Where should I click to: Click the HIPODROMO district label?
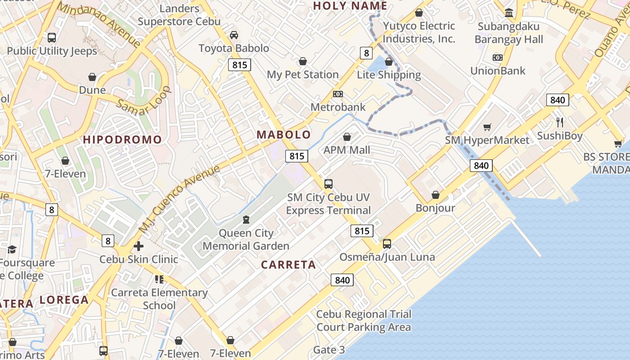pos(122,139)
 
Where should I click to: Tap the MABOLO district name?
pos(283,135)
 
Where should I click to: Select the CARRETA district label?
pos(288,265)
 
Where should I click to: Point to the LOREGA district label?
pos(64,300)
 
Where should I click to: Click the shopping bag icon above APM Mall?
pos(347,137)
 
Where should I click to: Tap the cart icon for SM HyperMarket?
pos(487,127)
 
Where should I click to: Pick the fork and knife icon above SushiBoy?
pos(560,122)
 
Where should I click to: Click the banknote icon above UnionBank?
pos(497,58)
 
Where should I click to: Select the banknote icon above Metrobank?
pos(338,94)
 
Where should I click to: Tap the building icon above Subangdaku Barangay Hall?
pos(509,13)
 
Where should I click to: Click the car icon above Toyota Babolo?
pos(234,35)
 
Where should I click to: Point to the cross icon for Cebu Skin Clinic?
pos(139,246)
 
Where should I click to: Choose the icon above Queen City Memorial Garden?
pos(246,220)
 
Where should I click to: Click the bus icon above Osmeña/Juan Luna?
pos(387,244)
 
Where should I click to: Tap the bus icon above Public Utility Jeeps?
pos(52,38)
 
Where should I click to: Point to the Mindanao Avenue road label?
pos(99,25)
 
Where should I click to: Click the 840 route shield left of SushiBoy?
pos(558,100)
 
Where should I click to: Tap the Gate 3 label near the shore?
pos(329,350)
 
